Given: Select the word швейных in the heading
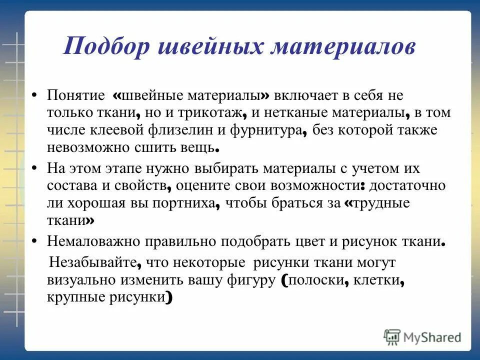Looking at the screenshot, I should click(x=210, y=47).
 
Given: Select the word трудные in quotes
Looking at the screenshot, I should click(x=381, y=203).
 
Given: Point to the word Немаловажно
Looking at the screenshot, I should click(x=94, y=241).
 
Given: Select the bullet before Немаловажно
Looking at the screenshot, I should click(x=34, y=241).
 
